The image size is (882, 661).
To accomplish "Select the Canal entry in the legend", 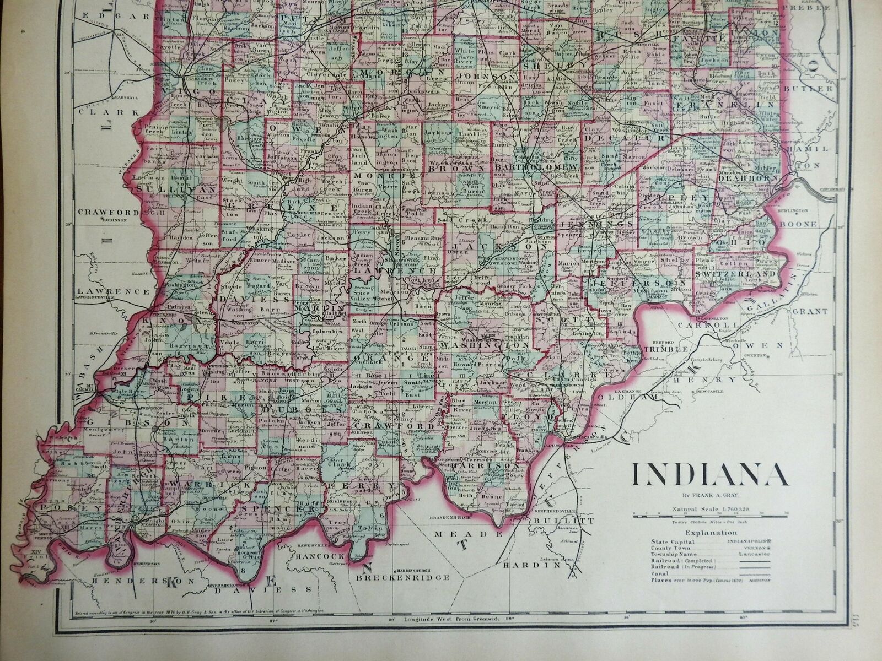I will (x=660, y=572).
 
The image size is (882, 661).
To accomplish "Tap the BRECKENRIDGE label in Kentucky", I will (x=402, y=578).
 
